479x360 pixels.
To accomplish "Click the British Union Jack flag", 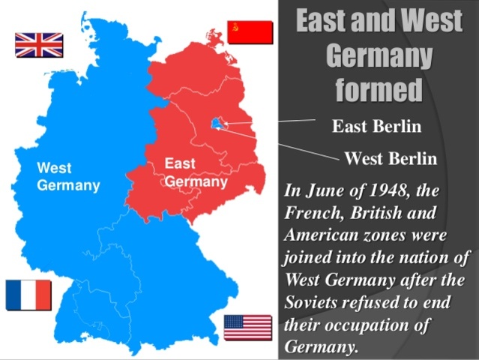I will [39, 45].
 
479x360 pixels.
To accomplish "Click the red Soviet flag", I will [250, 32].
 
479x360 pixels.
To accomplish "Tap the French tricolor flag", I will [28, 295].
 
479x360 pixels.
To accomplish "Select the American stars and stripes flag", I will [248, 328].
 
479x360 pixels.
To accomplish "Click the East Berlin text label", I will [376, 126].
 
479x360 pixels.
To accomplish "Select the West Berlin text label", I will [390, 158].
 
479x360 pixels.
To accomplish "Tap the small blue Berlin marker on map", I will [217, 123].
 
